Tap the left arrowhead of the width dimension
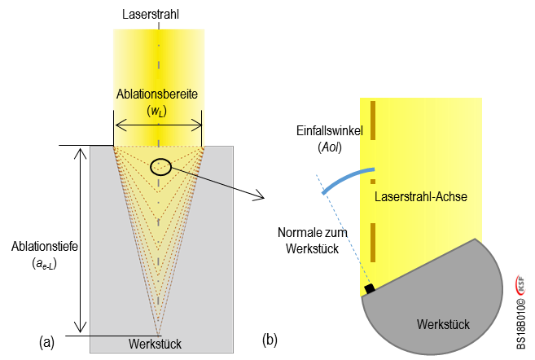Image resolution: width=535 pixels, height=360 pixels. click(119, 125)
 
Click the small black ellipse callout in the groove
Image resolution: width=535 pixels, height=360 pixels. click(161, 166)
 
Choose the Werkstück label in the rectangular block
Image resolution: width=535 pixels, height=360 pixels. click(155, 345)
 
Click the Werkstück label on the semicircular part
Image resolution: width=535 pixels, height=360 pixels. click(443, 324)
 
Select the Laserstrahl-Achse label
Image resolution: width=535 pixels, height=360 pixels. click(420, 197)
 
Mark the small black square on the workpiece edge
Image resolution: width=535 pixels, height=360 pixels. click(369, 288)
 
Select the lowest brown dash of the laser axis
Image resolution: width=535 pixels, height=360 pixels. click(372, 244)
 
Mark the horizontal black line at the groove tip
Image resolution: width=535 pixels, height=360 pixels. click(122, 336)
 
